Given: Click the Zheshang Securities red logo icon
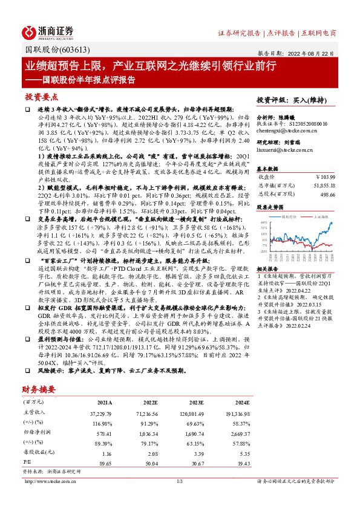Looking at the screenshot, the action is click(x=31, y=31).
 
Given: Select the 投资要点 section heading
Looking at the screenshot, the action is click(x=41, y=97).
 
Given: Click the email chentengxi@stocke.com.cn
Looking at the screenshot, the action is click(x=282, y=130).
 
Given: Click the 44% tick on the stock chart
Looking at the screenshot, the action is click(x=263, y=222).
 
